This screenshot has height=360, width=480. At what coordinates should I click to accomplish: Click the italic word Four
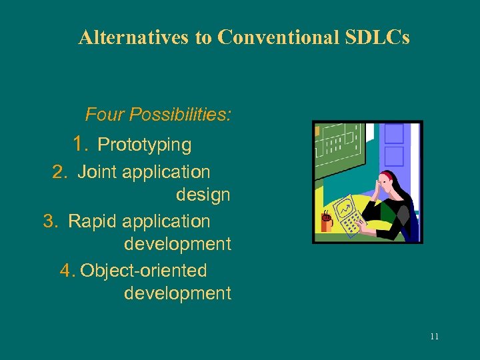click(105, 115)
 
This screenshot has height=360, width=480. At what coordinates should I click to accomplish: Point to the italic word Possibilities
click(180, 115)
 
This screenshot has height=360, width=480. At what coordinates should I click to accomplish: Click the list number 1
click(81, 144)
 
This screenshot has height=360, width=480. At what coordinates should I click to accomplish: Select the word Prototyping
click(144, 145)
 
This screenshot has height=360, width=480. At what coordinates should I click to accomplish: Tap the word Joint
click(97, 172)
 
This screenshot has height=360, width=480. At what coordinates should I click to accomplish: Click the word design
click(203, 195)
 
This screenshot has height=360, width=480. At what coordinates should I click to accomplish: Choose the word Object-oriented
click(143, 271)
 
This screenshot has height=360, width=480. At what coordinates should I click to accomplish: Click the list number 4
click(67, 271)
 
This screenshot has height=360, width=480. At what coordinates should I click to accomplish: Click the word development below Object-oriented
click(177, 293)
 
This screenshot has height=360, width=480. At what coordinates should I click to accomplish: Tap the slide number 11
click(434, 336)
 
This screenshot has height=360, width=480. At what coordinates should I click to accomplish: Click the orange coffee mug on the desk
click(326, 222)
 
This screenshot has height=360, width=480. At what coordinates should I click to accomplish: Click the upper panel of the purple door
click(395, 133)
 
